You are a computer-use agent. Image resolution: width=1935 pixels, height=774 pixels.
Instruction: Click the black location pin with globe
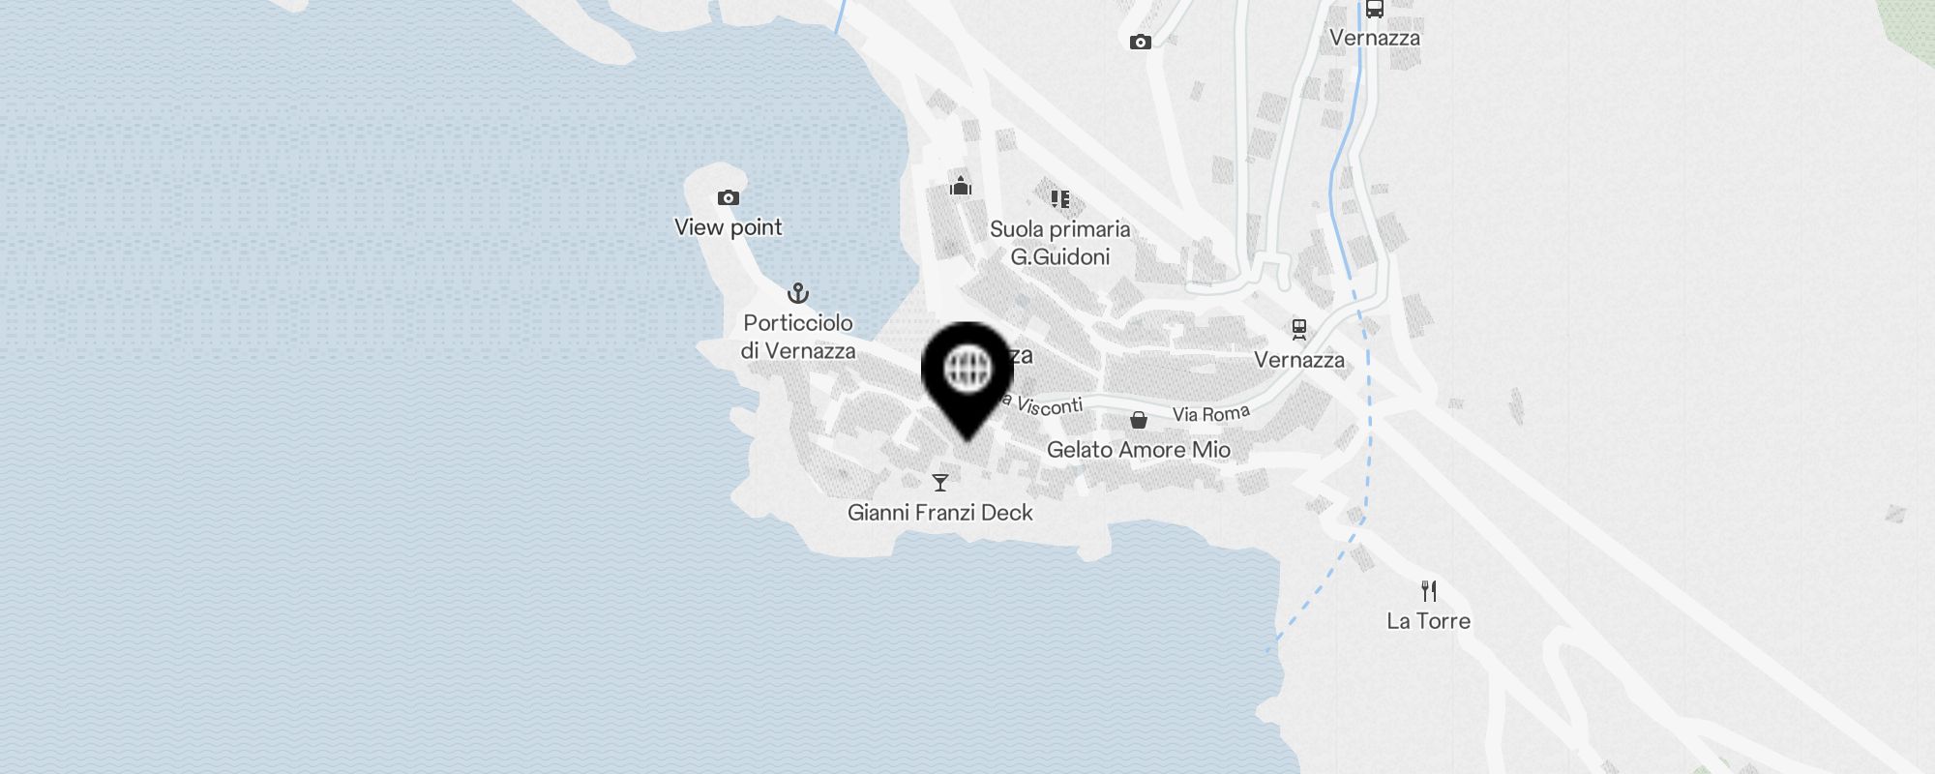click(967, 372)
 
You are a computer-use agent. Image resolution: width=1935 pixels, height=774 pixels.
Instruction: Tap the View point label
click(728, 227)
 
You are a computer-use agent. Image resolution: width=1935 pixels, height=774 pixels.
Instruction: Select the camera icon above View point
click(728, 198)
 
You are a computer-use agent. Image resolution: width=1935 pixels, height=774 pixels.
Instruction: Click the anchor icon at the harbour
click(797, 292)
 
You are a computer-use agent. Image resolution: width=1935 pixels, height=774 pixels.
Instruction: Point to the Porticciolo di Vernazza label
click(798, 337)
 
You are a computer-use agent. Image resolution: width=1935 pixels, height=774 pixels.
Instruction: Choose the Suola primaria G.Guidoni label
click(1059, 243)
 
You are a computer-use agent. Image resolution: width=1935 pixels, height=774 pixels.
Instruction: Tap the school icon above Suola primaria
click(1059, 199)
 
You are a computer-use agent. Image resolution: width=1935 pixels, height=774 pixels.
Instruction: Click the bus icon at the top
click(1374, 10)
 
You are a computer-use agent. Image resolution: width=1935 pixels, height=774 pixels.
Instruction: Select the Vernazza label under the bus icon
click(1374, 39)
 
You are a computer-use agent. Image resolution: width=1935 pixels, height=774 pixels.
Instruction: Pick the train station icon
click(1298, 330)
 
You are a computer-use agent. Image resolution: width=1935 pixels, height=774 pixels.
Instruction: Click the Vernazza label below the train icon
click(1298, 360)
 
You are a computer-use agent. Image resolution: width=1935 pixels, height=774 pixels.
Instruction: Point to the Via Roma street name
click(1210, 414)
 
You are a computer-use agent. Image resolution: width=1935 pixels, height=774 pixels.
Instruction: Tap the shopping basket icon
click(1139, 420)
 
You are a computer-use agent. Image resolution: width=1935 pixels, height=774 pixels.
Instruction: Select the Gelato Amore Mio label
click(1138, 450)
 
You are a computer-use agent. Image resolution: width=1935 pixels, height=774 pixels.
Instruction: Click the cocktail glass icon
click(939, 482)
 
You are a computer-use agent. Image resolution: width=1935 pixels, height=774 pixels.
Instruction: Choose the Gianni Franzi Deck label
click(939, 513)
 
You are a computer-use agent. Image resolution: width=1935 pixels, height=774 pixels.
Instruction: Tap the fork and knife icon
click(1428, 590)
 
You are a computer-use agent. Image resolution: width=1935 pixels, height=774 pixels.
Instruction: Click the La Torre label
click(1428, 621)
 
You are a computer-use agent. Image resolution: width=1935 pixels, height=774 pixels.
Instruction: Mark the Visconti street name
click(1047, 406)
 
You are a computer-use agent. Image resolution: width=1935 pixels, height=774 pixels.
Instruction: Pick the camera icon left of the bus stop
click(1140, 42)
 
